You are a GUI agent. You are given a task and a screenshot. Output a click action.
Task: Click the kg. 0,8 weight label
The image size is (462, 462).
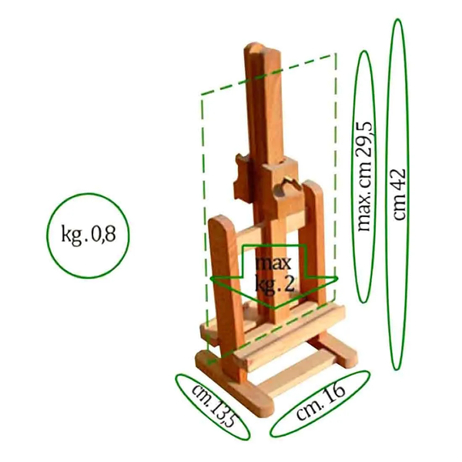click(x=88, y=235)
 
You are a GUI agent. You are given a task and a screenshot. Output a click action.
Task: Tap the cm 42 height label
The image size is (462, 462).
click(x=400, y=194)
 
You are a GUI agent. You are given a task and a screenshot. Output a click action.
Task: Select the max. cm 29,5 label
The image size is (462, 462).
click(x=365, y=176)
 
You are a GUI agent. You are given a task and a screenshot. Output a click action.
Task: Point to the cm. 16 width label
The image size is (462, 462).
click(x=320, y=401)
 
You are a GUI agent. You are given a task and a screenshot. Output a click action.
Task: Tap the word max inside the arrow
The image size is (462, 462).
click(x=273, y=263)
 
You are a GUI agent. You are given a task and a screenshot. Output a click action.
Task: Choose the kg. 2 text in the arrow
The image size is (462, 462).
click(x=275, y=284)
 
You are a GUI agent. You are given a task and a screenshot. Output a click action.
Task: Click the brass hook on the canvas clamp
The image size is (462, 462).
click(x=288, y=182)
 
